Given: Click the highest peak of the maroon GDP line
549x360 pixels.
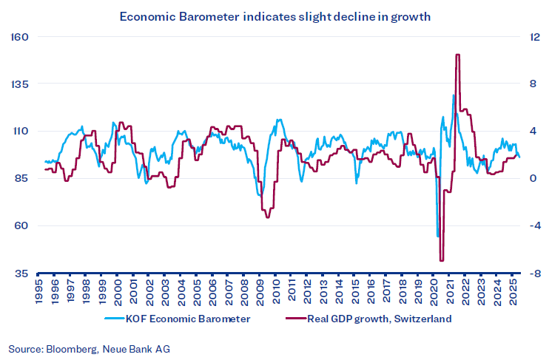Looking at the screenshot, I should point(458,55).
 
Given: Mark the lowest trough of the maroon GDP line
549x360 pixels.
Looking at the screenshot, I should point(442,260).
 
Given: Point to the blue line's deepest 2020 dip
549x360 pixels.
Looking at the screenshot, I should point(438,236).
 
